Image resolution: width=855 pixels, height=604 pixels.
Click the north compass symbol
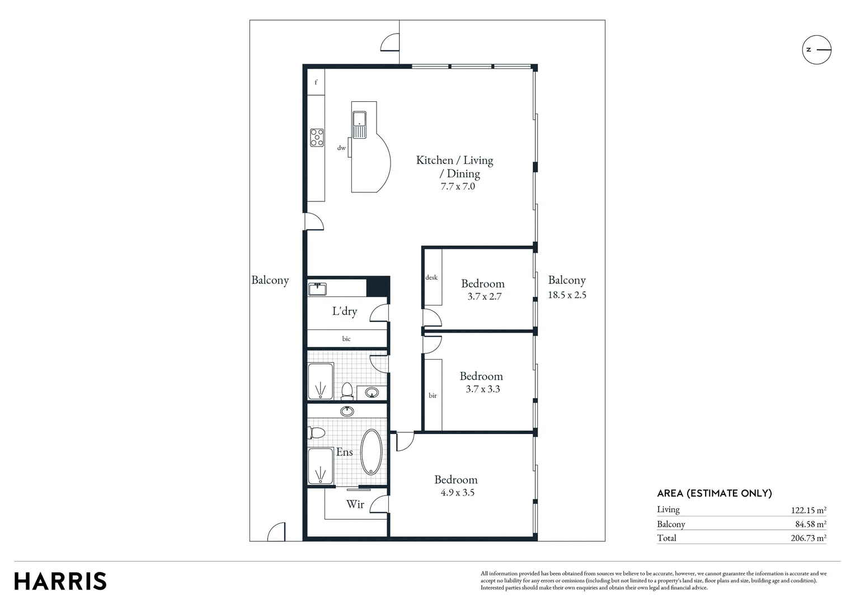816,50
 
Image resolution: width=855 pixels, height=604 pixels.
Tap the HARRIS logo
60,581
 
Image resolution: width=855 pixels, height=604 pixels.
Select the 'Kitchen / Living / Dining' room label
454,167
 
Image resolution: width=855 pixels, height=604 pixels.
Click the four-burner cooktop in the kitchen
317,138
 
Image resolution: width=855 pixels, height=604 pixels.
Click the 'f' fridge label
316,83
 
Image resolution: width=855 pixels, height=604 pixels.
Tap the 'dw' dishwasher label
341,148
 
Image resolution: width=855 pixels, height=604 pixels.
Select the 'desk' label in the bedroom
431,277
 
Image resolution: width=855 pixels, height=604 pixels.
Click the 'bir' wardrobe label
433,395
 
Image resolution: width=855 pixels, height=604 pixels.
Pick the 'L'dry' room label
345,312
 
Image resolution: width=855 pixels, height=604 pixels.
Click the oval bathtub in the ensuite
371,452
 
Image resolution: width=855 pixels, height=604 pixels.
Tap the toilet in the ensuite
317,433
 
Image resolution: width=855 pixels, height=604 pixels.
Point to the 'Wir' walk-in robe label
355,504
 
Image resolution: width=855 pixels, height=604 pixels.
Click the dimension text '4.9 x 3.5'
457,493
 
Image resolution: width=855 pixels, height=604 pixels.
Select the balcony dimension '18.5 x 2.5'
567,295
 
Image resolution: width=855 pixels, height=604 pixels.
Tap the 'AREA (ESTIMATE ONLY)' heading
714,493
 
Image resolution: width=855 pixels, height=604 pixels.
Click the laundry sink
317,289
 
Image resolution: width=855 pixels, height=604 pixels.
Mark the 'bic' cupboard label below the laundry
346,338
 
